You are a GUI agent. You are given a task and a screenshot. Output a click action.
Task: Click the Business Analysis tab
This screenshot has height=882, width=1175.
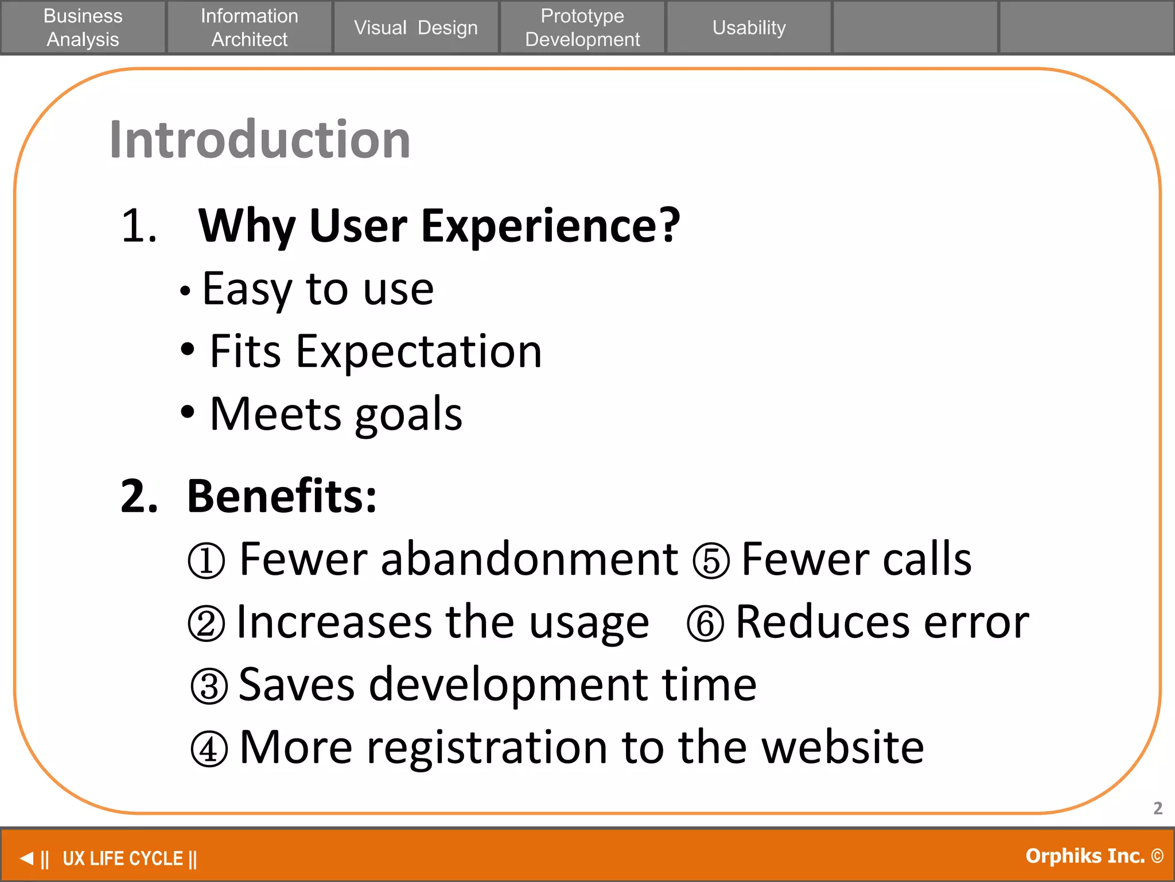point(83,28)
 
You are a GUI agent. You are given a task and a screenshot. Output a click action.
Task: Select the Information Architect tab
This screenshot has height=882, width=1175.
point(250,28)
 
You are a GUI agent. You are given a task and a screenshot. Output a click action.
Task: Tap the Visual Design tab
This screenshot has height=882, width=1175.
point(415,28)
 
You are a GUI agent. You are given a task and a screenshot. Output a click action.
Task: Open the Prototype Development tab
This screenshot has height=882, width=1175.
point(582,28)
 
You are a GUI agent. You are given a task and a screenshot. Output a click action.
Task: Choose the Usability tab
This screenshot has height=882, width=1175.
point(749,28)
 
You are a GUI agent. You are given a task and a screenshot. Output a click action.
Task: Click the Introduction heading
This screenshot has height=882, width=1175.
point(260,140)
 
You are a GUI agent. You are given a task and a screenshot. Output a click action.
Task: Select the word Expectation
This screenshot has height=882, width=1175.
point(418,351)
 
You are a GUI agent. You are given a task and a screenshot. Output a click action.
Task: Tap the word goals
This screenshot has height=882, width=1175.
point(408,415)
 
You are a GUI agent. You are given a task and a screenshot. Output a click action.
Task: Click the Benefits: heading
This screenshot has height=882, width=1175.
point(282,496)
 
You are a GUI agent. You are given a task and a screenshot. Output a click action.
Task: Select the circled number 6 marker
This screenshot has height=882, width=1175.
point(705,624)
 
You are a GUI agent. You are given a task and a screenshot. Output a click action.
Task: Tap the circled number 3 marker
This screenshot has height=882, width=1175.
point(209,686)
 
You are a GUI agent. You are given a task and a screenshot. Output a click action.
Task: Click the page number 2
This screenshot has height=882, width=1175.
point(1158,808)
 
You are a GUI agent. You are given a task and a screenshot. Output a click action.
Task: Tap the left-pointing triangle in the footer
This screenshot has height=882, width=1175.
point(26,858)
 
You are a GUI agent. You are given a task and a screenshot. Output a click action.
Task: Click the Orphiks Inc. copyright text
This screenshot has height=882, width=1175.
point(1094,856)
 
